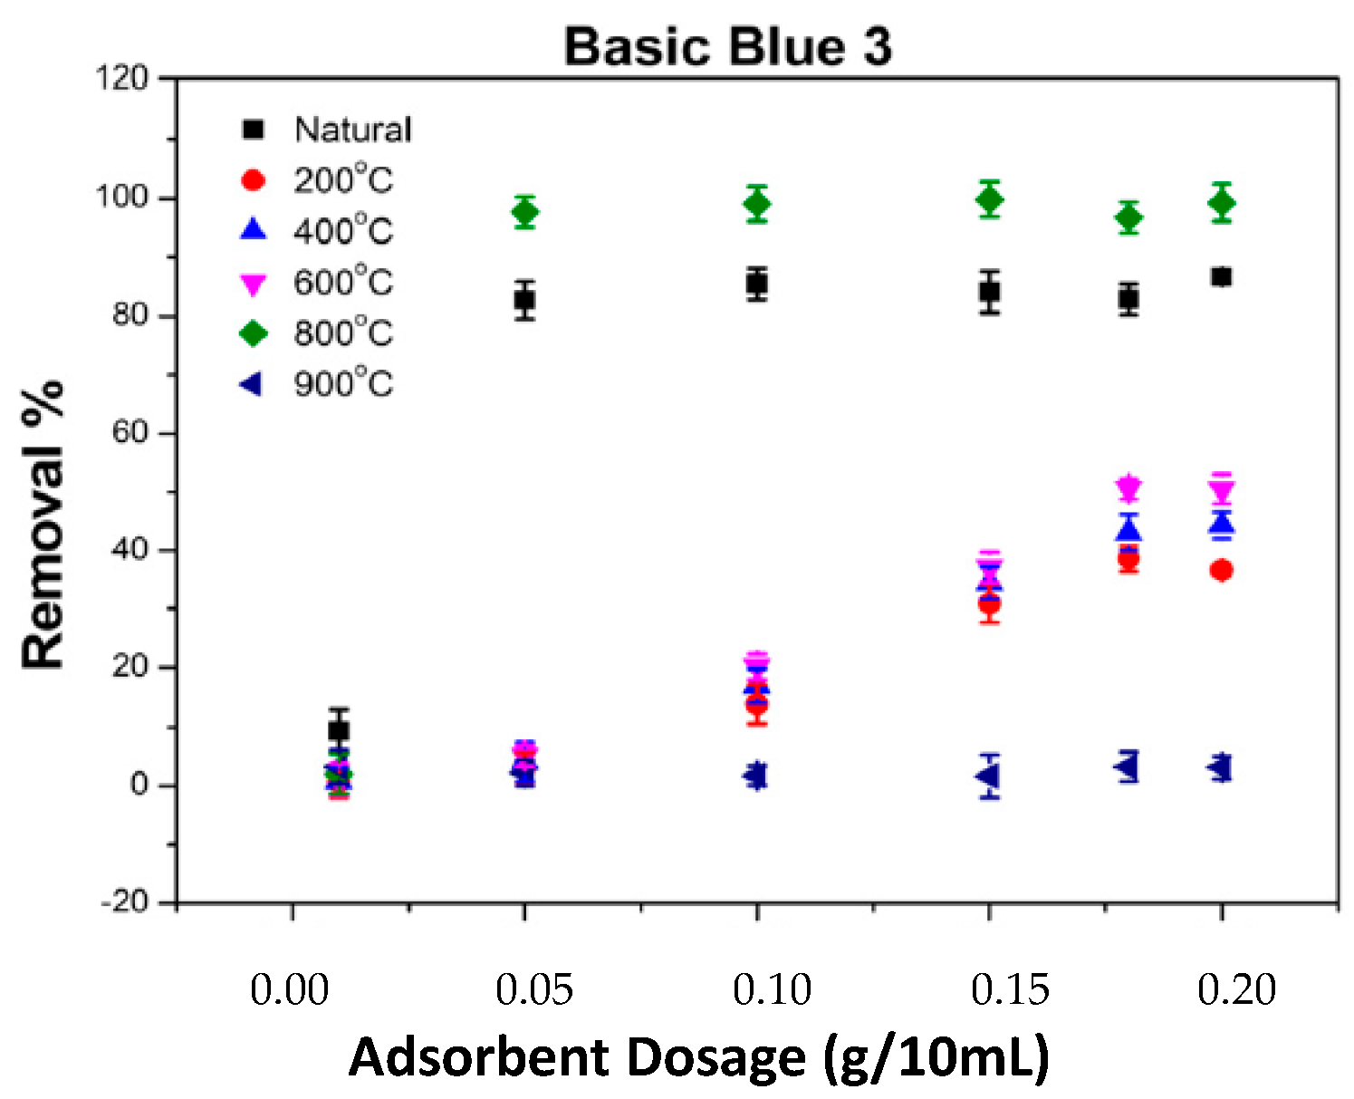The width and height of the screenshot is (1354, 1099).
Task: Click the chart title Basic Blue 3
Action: click(x=727, y=46)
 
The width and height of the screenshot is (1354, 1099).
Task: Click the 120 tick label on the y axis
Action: click(x=121, y=79)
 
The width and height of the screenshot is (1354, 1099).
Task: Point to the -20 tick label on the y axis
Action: click(x=121, y=902)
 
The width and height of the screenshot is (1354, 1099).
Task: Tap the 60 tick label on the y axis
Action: click(x=129, y=432)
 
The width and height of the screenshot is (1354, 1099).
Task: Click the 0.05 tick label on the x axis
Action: click(x=533, y=989)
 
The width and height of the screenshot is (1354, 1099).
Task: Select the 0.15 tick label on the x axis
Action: click(x=1010, y=989)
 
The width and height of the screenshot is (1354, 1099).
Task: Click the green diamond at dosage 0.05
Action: click(x=524, y=212)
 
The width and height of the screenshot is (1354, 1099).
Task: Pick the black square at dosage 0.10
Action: click(x=757, y=284)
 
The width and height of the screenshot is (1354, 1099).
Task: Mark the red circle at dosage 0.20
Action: click(x=1222, y=570)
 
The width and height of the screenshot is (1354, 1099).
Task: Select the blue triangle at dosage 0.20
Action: click(x=1222, y=523)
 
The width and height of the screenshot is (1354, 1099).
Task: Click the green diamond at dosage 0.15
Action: click(x=990, y=199)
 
